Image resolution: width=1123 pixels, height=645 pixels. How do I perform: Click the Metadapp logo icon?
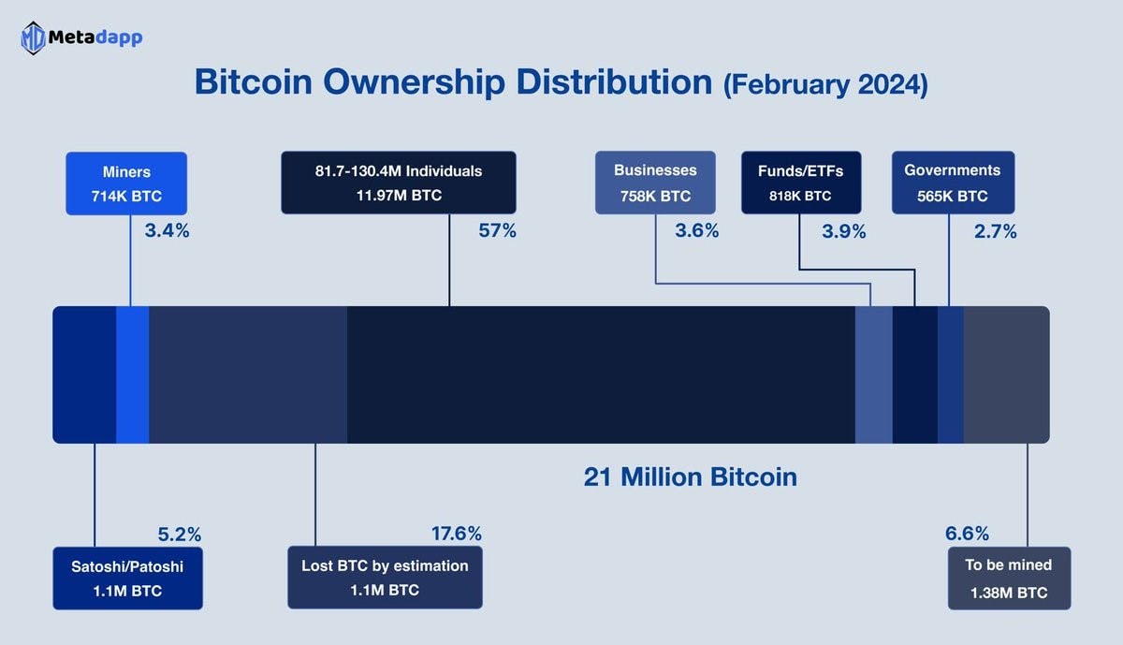coord(34,38)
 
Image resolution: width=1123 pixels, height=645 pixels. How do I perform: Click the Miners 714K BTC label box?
coord(126,183)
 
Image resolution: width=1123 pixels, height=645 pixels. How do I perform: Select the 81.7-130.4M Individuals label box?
coord(399,183)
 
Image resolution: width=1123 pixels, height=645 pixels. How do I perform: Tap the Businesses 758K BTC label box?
coord(655,183)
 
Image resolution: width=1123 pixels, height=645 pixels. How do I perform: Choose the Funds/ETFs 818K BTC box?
coord(801,183)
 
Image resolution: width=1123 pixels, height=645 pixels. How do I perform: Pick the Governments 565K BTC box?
coord(952,183)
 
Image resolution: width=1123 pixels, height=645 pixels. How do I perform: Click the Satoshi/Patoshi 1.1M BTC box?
coord(128,578)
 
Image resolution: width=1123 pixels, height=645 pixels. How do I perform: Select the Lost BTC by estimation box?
coord(385,578)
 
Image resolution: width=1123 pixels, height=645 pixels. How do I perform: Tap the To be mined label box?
coord(1009,578)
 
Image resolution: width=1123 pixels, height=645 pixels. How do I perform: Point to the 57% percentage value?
coord(497,230)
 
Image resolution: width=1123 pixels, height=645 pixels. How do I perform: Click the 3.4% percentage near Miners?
coord(167,230)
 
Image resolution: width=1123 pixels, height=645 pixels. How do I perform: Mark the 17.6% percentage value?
coord(456,534)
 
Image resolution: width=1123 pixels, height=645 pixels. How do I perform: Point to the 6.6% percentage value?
coord(967,534)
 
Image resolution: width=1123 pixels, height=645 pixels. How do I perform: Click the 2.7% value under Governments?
coord(995,231)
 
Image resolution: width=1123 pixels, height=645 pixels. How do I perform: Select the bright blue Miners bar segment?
coord(132,374)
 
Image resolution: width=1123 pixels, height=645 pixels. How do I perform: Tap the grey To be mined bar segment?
coord(1006,374)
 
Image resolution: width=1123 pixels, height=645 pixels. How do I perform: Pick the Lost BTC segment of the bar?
coord(248,374)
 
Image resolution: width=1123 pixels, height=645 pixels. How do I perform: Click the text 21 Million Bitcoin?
coord(690,476)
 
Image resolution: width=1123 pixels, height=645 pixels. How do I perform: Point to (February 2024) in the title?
coord(824,84)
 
